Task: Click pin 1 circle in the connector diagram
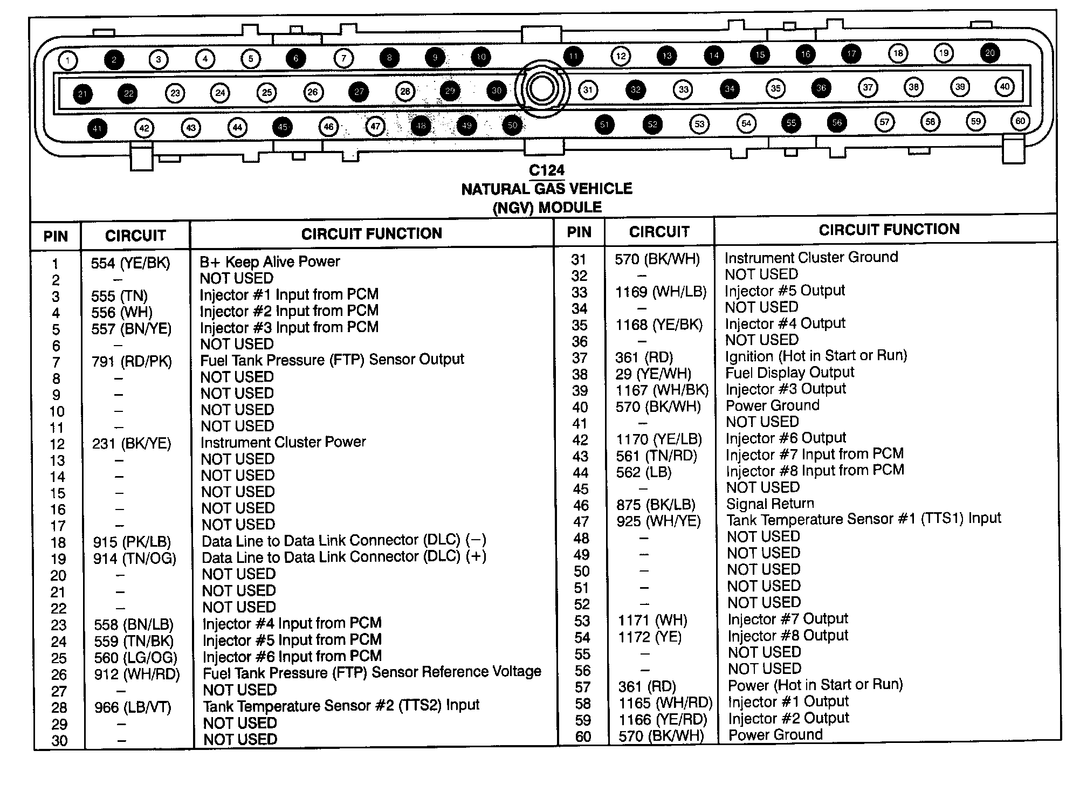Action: click(x=68, y=60)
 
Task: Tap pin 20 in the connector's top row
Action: click(x=990, y=53)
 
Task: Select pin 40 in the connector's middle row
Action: click(x=1005, y=86)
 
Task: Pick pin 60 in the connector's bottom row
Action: click(x=1020, y=121)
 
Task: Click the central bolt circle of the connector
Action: click(x=541, y=89)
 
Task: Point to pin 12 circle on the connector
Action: click(x=621, y=56)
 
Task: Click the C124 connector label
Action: click(x=546, y=170)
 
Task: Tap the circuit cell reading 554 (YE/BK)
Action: click(x=130, y=263)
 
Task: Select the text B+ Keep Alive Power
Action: click(x=270, y=262)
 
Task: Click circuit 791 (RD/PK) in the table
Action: click(x=132, y=361)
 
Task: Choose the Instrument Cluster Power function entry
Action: click(x=283, y=442)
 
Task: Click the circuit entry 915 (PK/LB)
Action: click(x=132, y=542)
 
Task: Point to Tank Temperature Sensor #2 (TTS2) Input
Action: click(x=341, y=706)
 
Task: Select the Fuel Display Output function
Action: click(x=789, y=373)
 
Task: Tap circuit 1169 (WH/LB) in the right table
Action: click(x=661, y=292)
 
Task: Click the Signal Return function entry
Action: click(x=770, y=504)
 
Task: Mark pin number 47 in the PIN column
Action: click(x=581, y=522)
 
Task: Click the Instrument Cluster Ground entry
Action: click(x=811, y=257)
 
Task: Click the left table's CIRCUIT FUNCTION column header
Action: click(x=372, y=233)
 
